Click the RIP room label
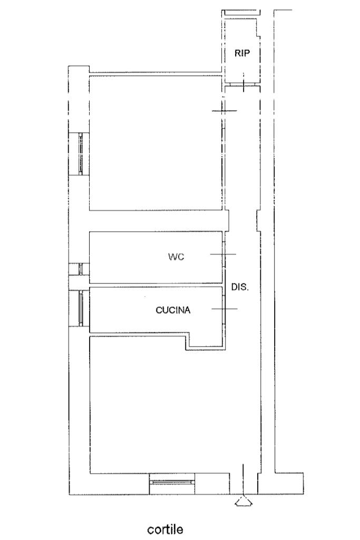(x=242, y=53)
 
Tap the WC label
(x=176, y=257)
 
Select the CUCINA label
(x=173, y=310)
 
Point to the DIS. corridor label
(x=240, y=287)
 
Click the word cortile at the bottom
(x=165, y=528)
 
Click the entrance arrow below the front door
(x=244, y=501)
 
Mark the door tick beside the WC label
(x=223, y=254)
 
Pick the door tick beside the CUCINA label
(x=224, y=309)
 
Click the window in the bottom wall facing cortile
(x=172, y=483)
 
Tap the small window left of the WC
(x=81, y=269)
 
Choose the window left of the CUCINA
(x=81, y=309)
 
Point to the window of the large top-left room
(x=81, y=154)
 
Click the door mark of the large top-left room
(x=225, y=111)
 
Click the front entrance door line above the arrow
(x=244, y=479)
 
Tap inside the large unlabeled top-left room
(x=155, y=143)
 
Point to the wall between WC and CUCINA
(x=155, y=285)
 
